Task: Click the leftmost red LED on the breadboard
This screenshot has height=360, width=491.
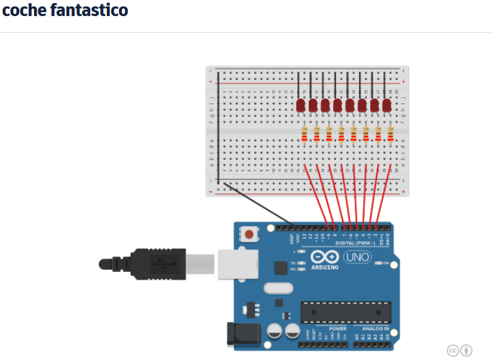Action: pos(300,105)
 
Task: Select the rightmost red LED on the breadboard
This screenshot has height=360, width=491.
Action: pos(387,105)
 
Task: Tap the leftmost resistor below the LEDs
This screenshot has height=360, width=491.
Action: pos(304,134)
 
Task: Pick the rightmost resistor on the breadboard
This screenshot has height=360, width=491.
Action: pos(391,134)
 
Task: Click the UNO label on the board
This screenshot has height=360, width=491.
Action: pos(357,257)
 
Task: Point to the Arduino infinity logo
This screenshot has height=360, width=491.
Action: pos(325,256)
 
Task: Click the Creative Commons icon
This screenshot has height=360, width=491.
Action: pos(452,350)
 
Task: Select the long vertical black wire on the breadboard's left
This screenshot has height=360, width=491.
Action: pos(218,129)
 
